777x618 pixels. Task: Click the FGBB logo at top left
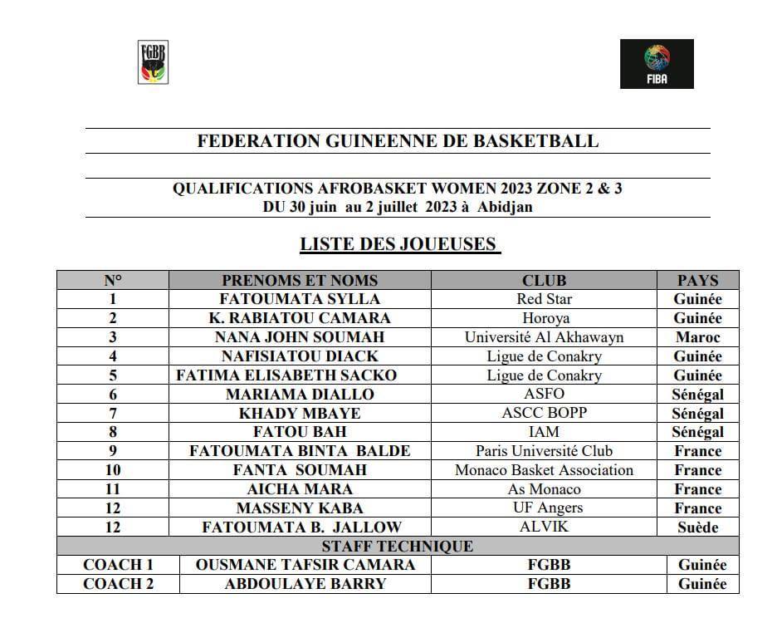point(152,61)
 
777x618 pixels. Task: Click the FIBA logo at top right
point(657,64)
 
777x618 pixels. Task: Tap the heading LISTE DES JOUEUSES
point(400,244)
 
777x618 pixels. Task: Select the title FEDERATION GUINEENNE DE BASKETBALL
point(398,140)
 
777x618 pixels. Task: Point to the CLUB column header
point(544,281)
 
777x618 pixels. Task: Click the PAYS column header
point(697,281)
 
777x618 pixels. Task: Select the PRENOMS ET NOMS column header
point(300,281)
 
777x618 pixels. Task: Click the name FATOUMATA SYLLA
point(300,299)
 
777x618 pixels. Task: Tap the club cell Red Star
point(544,299)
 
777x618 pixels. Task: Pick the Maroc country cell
point(697,337)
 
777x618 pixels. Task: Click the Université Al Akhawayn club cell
point(544,337)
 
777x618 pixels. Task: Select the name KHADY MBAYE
point(300,414)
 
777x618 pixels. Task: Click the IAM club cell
point(544,432)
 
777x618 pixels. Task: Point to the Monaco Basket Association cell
point(544,470)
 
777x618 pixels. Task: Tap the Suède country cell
point(697,527)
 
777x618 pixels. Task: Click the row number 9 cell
point(113,451)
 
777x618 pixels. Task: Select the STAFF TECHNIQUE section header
point(398,547)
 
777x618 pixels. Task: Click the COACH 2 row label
point(118,584)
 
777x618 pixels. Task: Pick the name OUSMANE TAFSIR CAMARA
point(305,565)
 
